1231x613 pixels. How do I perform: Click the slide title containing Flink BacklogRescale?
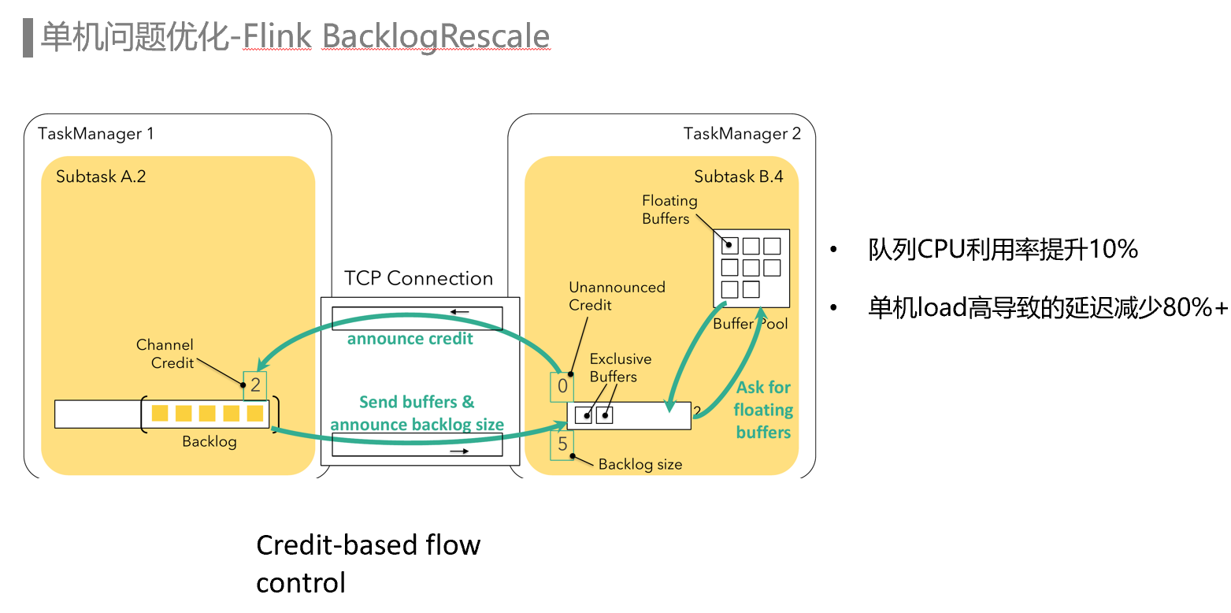(x=295, y=37)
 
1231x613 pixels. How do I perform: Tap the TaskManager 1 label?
(x=95, y=133)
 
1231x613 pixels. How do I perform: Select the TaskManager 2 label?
(x=742, y=133)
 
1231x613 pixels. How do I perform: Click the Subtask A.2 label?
(x=101, y=176)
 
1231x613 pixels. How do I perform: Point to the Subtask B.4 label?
(x=738, y=176)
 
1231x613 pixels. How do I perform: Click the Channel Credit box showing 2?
(x=255, y=386)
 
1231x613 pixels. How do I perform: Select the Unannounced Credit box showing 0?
(x=562, y=386)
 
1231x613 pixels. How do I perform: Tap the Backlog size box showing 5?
(x=562, y=444)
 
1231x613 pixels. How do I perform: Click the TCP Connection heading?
(x=418, y=278)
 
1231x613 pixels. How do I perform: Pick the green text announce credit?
(x=410, y=339)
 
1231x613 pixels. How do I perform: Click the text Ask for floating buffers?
(x=763, y=410)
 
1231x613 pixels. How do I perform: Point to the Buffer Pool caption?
(x=750, y=323)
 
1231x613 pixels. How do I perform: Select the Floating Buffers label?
(x=669, y=210)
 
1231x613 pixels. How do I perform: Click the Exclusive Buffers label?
(x=620, y=367)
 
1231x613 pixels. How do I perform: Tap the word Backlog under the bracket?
(x=209, y=441)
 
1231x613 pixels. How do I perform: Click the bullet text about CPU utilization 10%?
(x=1003, y=251)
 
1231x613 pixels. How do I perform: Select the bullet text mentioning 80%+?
(x=1047, y=308)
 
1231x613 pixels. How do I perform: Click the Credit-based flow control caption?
(x=368, y=563)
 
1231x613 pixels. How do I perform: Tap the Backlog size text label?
(x=640, y=464)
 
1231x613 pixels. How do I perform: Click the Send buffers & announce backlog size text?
(x=417, y=413)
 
